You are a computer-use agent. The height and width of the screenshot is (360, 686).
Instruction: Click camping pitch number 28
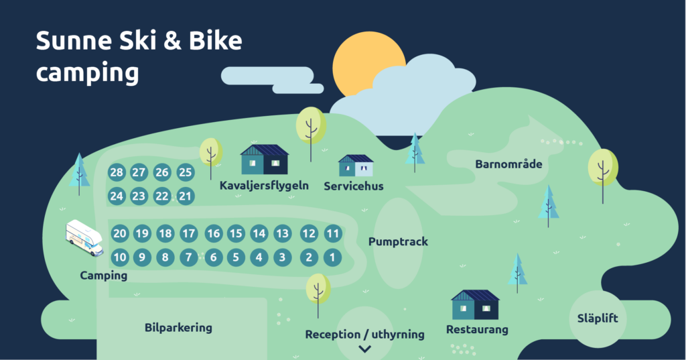(117, 172)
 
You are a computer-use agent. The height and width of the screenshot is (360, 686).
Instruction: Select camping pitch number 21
(186, 196)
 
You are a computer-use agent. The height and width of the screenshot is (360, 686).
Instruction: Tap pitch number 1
(332, 257)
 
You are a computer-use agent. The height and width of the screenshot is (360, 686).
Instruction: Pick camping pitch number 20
(120, 234)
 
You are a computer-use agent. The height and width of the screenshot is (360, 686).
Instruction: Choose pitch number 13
(282, 234)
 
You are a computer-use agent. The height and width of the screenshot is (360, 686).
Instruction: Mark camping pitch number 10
(120, 257)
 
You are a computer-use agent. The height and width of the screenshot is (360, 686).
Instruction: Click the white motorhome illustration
(84, 237)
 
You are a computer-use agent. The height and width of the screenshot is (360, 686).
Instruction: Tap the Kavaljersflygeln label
(264, 185)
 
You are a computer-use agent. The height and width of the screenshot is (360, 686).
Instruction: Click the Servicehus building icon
(356, 166)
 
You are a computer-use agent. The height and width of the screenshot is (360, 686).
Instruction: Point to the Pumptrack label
(398, 242)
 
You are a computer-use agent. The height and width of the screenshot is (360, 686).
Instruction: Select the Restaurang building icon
(475, 305)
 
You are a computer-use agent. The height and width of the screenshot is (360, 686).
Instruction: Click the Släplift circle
(598, 319)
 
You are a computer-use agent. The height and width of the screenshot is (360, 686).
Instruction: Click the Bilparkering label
(178, 328)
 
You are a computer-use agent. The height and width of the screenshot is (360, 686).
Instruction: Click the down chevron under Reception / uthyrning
(365, 349)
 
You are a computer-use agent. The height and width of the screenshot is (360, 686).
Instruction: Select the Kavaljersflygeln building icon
(265, 160)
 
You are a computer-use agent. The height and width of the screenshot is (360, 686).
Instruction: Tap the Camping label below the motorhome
(103, 276)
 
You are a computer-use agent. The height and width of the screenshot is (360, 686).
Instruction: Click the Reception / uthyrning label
(365, 335)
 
